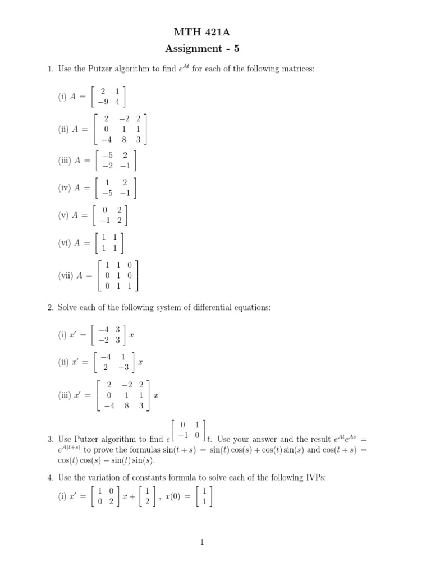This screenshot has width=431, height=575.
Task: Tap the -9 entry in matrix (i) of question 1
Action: tap(102, 102)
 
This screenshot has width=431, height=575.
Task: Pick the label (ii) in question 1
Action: tap(63, 129)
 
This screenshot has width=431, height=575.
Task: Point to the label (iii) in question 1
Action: tap(64, 161)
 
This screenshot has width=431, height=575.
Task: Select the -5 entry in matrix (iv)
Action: tap(103, 193)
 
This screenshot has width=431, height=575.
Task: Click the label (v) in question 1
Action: tap(63, 215)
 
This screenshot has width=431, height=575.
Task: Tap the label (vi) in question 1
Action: tap(63, 243)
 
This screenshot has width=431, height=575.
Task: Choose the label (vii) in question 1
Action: tap(65, 276)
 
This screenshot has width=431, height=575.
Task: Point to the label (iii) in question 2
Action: tap(64, 395)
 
